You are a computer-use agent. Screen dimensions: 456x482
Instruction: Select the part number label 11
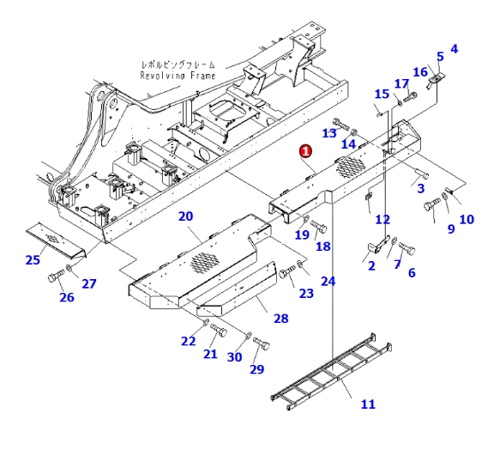pyautogui.click(x=368, y=404)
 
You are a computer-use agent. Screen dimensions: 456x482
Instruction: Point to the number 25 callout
pyautogui.click(x=33, y=259)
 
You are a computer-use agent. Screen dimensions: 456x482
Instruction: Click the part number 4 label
pyautogui.click(x=454, y=49)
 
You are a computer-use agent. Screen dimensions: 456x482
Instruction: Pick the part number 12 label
pyautogui.click(x=383, y=220)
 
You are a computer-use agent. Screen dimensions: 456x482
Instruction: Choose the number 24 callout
pyautogui.click(x=328, y=281)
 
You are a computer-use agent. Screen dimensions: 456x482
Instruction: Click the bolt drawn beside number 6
pyautogui.click(x=407, y=250)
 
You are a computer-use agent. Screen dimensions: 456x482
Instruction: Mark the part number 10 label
pyautogui.click(x=467, y=219)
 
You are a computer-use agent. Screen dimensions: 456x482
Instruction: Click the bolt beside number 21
pyautogui.click(x=217, y=331)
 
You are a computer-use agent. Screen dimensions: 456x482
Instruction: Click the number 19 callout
pyautogui.click(x=301, y=234)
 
